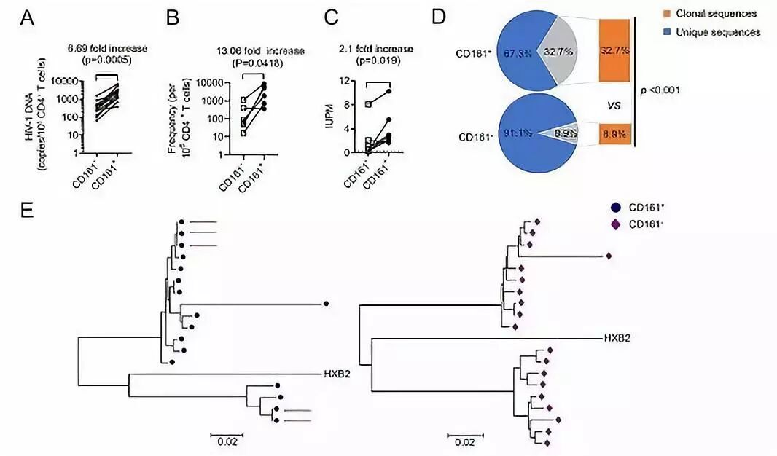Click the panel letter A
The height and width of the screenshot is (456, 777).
pyautogui.click(x=27, y=17)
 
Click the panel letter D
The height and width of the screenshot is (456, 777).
pyautogui.click(x=438, y=16)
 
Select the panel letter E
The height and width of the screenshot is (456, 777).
pyautogui.click(x=27, y=211)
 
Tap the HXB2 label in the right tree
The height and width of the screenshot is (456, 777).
pyautogui.click(x=617, y=338)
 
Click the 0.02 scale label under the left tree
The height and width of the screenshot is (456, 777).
pyautogui.click(x=226, y=441)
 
